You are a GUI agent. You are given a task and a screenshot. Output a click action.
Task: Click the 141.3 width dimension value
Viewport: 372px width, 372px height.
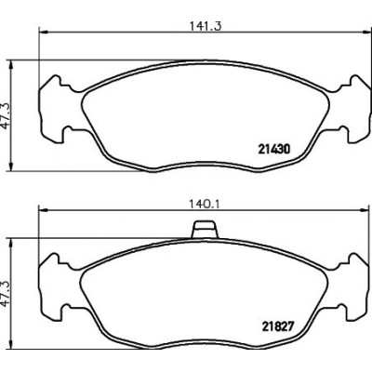[206, 26]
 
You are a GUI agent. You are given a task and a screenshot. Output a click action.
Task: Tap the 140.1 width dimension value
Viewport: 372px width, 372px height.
[205, 205]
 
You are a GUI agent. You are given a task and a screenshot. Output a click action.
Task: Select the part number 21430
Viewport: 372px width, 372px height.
[274, 150]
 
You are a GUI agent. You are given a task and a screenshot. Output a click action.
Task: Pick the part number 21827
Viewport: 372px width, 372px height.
[277, 326]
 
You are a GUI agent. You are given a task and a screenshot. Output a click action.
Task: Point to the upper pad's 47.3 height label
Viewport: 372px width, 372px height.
[6, 116]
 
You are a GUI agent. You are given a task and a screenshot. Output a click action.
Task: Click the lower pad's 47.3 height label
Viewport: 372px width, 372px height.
[6, 294]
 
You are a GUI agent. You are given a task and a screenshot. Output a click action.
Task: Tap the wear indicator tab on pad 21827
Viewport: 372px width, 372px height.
[205, 230]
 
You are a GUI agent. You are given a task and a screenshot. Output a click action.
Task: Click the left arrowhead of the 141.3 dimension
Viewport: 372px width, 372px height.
[43, 32]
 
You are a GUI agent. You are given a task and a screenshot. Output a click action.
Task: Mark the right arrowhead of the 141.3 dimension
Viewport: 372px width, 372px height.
[367, 32]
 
